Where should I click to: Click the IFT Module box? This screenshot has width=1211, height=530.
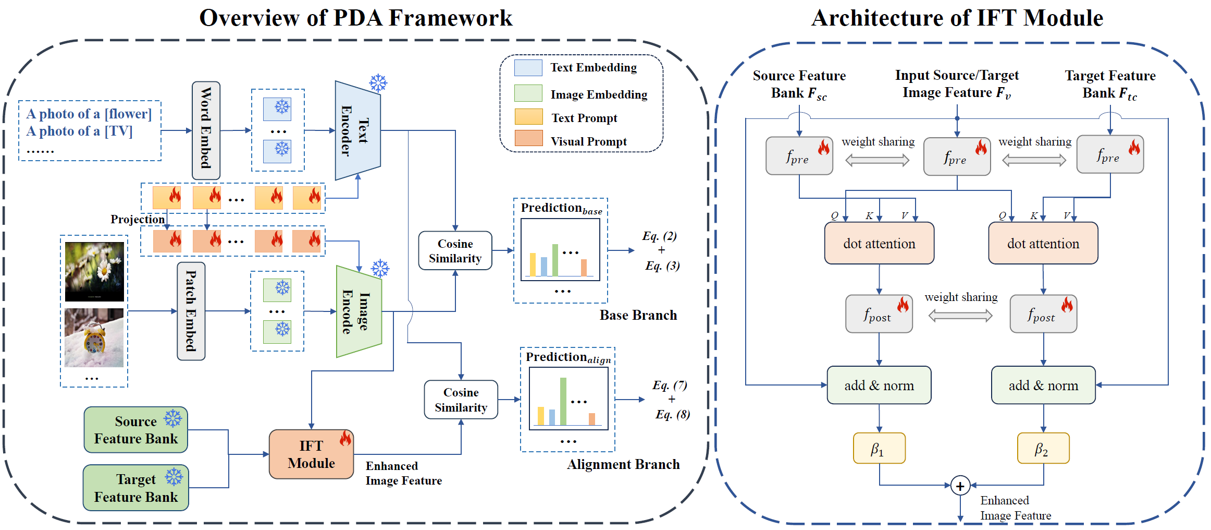pos(311,454)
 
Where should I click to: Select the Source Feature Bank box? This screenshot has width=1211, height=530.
pos(135,430)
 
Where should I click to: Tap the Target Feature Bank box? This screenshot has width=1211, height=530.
pos(135,488)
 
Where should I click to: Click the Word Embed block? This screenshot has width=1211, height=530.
pos(206,130)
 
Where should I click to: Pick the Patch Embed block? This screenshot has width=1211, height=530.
pos(191,311)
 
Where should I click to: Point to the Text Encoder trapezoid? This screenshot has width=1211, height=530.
pos(357,130)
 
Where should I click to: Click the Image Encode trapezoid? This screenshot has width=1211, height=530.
pos(359,311)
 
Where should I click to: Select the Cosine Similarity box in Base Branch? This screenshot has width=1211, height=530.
pos(455,251)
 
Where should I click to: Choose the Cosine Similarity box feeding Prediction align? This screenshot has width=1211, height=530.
pos(461,400)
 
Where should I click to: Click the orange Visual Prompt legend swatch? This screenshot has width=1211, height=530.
pos(528,138)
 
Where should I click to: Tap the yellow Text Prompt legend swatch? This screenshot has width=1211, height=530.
pos(528,116)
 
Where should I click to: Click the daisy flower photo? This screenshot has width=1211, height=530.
pos(94,272)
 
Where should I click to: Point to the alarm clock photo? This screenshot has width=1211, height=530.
pos(94,338)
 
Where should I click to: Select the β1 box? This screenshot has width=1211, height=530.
pos(879,448)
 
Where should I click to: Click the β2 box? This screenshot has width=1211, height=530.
pos(1043,448)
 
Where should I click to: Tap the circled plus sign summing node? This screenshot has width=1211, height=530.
pos(960,486)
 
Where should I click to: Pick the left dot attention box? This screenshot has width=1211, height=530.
pos(879,243)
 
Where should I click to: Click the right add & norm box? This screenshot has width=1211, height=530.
pos(1043,385)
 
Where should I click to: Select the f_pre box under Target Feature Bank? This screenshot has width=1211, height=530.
pos(1110,154)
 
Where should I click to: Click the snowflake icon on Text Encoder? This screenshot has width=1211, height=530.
pos(378,83)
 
